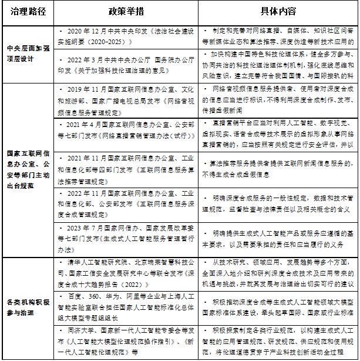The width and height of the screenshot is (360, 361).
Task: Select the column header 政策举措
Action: tap(126, 11)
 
